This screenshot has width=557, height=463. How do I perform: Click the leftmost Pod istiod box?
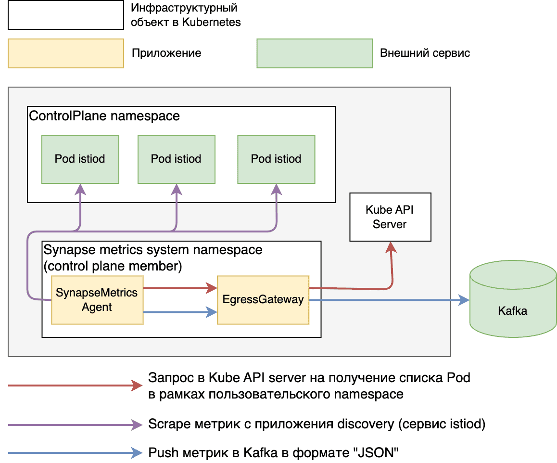[80, 159]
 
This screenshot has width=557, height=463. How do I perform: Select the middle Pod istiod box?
[176, 159]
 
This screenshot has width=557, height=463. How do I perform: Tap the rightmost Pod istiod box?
[276, 159]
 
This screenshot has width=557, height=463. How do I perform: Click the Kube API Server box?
[390, 217]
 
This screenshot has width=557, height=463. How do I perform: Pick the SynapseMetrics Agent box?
[97, 300]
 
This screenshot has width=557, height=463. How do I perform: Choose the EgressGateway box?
[263, 300]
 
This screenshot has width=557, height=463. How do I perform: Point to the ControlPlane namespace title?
[104, 116]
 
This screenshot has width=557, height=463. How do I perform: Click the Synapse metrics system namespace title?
[153, 250]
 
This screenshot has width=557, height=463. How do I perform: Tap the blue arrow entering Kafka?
[390, 300]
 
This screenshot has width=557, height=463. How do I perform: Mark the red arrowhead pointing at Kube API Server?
[392, 247]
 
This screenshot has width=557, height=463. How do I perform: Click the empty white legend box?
[66, 15]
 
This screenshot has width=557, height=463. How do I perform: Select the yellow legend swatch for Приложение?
[66, 53]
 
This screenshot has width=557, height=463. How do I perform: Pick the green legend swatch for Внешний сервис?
[315, 53]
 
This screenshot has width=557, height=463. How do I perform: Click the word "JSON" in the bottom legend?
[380, 452]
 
